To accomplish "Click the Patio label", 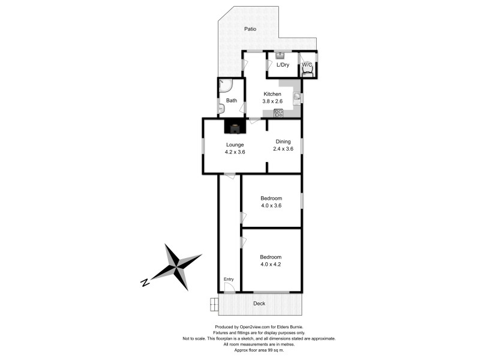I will pyautogui.click(x=250, y=29).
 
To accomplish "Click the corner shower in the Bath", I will pyautogui.click(x=223, y=85).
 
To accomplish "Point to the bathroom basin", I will pyautogui.click(x=221, y=109).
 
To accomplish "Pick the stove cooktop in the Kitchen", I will pyautogui.click(x=278, y=112).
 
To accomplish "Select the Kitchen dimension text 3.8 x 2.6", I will pyautogui.click(x=272, y=102).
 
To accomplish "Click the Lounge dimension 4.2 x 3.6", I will pyautogui.click(x=235, y=152).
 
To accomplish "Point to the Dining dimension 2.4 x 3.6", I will pyautogui.click(x=283, y=149).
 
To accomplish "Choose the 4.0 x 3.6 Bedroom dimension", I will pyautogui.click(x=271, y=205).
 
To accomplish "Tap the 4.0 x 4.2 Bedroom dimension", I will pyautogui.click(x=271, y=264).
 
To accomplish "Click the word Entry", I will pyautogui.click(x=229, y=280).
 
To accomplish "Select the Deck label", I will pyautogui.click(x=259, y=304).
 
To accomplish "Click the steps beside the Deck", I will pyautogui.click(x=214, y=305).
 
